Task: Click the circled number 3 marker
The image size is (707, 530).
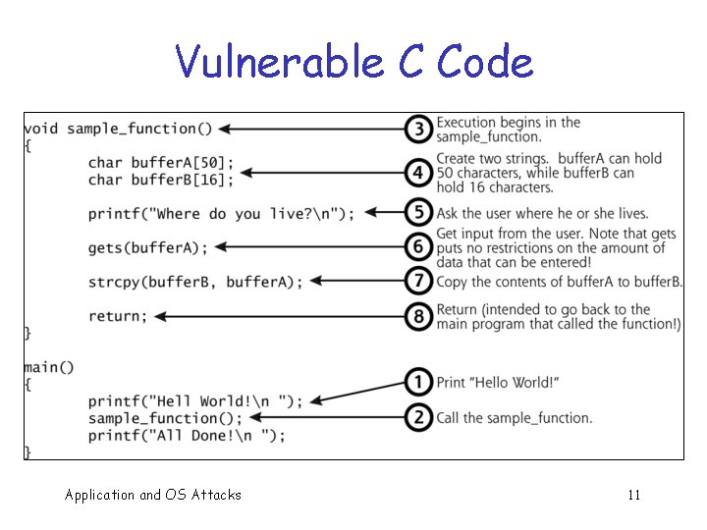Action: (x=418, y=129)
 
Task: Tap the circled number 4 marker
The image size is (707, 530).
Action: (x=418, y=172)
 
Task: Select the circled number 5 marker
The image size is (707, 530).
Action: (x=418, y=213)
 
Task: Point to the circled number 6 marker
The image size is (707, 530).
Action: (x=418, y=247)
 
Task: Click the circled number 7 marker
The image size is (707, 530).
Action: (x=418, y=282)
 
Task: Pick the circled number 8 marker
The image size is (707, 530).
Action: (x=418, y=316)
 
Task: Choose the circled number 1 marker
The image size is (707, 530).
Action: (x=418, y=382)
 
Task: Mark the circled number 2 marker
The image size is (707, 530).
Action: (x=418, y=417)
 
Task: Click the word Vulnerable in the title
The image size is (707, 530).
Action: (x=279, y=63)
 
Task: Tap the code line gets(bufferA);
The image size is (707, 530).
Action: (x=148, y=247)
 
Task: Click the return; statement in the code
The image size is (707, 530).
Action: (x=118, y=316)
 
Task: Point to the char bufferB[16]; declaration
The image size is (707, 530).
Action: (x=161, y=180)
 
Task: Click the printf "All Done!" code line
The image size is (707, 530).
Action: (x=187, y=435)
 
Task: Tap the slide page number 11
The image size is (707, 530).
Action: (x=633, y=495)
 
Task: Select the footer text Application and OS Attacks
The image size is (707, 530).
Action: (x=152, y=495)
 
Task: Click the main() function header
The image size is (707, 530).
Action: (x=49, y=367)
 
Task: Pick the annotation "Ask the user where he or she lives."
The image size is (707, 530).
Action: (x=542, y=213)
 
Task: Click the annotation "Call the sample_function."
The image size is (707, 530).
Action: (x=514, y=417)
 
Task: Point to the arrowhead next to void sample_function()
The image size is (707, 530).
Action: (x=225, y=129)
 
